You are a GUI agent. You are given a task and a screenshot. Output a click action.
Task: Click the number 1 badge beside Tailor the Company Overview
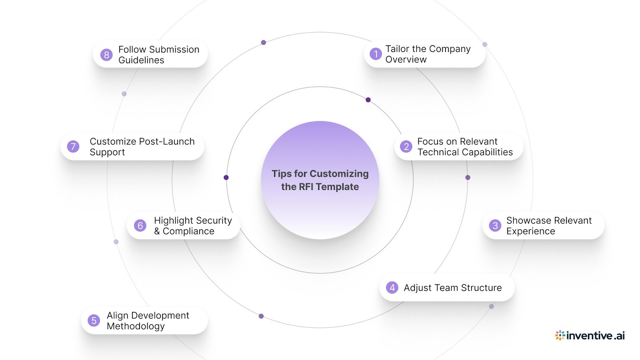point(376,54)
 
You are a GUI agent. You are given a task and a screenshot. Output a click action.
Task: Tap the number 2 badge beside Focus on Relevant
point(406,146)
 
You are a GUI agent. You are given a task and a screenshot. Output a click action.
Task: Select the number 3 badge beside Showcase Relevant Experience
point(495,226)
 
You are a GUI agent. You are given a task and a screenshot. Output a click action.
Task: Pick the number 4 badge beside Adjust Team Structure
point(392,288)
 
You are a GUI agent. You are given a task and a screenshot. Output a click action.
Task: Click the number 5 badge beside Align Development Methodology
point(94,320)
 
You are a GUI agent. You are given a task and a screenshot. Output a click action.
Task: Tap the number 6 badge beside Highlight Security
point(140,226)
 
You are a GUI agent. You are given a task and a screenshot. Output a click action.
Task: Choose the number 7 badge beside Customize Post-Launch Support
point(73,146)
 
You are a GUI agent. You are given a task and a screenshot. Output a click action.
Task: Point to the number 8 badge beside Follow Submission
point(106,55)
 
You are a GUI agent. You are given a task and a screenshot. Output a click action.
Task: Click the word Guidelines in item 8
point(141,60)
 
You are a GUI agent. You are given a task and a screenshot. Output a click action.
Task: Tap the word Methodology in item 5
point(136,326)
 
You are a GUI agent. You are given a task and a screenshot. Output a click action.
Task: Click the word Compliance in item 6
point(188,232)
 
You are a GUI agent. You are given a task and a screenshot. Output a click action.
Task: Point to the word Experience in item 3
point(530,232)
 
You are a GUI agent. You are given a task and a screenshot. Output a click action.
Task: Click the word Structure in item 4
point(481,288)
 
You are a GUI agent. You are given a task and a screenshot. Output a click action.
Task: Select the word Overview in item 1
point(406,60)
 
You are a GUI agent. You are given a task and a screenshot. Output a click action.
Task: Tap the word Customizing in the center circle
point(339,174)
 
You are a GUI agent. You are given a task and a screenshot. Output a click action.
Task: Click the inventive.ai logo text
point(596,336)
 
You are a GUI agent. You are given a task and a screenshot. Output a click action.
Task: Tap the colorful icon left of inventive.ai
point(560,335)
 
